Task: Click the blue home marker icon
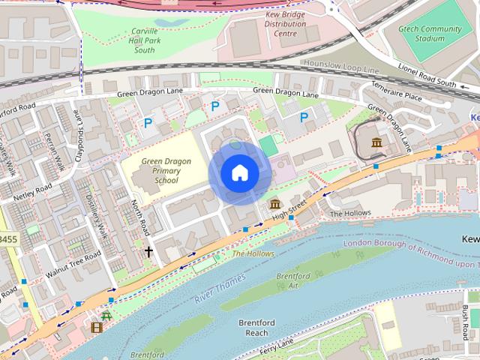point(239,173)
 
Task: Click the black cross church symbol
point(148,252)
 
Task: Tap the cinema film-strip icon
point(95,327)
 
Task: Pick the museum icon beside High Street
point(274,204)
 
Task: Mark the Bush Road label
point(470,318)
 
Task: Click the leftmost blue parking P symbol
point(148,122)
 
